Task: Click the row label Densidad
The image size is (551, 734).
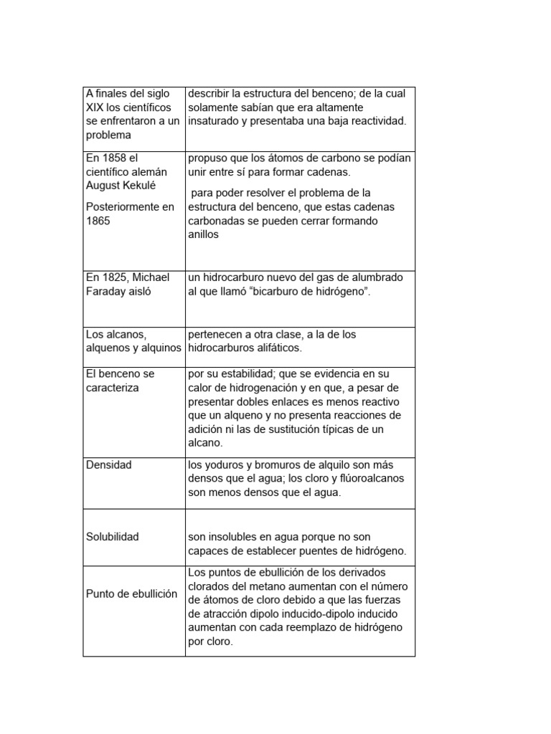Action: [x=108, y=464]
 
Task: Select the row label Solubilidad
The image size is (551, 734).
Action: [x=113, y=537]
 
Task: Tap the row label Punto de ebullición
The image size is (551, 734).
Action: [x=131, y=594]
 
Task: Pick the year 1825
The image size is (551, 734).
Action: [x=116, y=277]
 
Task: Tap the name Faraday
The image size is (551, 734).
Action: [x=107, y=291]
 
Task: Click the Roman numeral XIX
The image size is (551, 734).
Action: [x=95, y=108]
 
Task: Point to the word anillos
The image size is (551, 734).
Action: [x=203, y=234]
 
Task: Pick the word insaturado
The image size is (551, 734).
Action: [x=213, y=121]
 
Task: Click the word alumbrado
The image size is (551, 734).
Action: [x=377, y=277]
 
